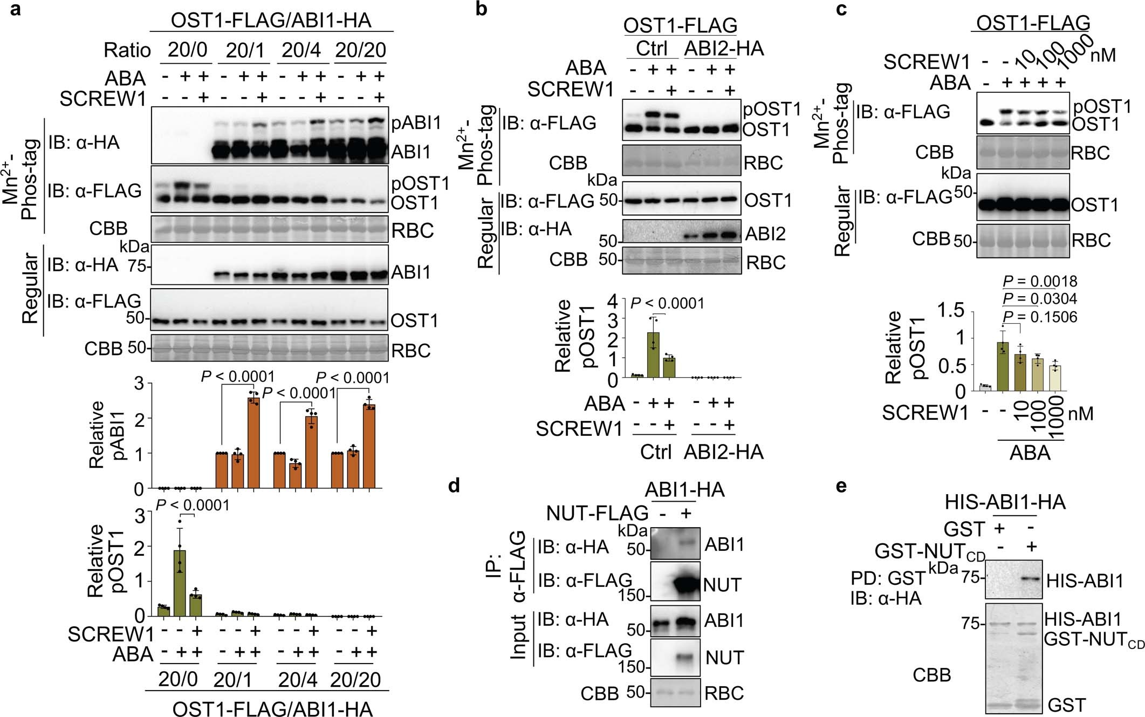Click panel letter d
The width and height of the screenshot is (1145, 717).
click(454, 486)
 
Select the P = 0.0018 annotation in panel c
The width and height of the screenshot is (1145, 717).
click(1039, 281)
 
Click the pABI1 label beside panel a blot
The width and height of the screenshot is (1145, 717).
click(416, 123)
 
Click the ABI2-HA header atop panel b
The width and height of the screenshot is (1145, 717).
click(724, 49)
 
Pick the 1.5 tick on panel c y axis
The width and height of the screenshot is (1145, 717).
click(950, 310)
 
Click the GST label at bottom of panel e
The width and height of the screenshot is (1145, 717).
click(1066, 705)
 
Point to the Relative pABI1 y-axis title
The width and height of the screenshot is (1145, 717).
click(106, 434)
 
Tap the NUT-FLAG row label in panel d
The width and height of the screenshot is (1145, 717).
click(597, 513)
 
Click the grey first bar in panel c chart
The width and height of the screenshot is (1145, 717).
click(985, 387)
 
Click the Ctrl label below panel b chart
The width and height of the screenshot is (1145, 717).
click(655, 452)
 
